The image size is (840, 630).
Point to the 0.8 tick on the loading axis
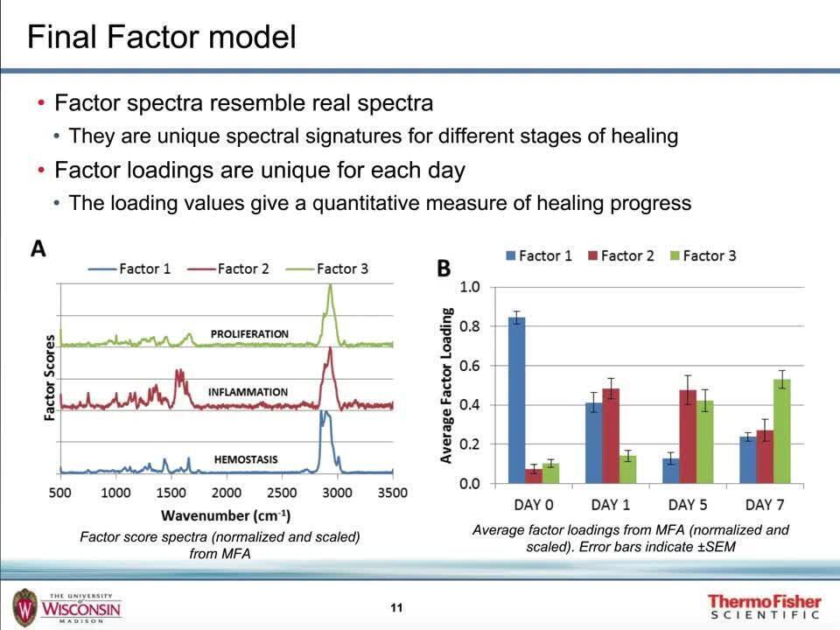pyautogui.click(x=470, y=326)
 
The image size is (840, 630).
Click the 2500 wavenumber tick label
pyautogui.click(x=282, y=493)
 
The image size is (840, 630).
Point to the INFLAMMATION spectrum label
pyautogui.click(x=248, y=392)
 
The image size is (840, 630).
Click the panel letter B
pyautogui.click(x=444, y=267)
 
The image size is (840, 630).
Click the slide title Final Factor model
pyautogui.click(x=162, y=38)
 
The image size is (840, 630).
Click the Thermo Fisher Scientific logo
pyautogui.click(x=764, y=606)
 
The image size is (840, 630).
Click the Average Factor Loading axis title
pyautogui.click(x=447, y=385)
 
